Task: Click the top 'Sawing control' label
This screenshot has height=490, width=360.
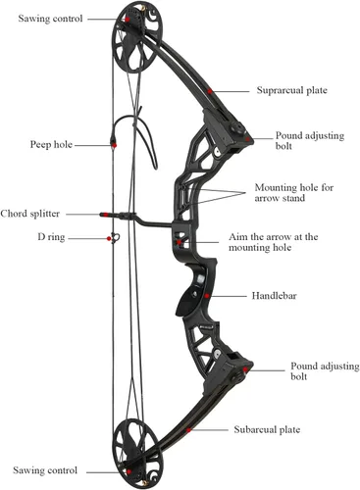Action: tap(50, 19)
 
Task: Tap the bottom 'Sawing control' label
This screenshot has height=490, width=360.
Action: tap(45, 470)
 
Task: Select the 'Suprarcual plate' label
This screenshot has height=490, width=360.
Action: tap(291, 90)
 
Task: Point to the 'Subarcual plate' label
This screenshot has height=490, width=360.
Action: tap(267, 429)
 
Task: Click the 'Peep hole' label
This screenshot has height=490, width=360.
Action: tap(51, 144)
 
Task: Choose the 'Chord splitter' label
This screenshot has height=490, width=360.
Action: tap(30, 214)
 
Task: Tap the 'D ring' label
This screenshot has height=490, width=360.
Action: tap(51, 237)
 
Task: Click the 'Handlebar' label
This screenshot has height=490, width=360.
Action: tap(274, 296)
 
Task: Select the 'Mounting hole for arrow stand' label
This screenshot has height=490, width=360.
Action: tap(294, 193)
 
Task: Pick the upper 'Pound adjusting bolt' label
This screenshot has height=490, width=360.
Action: tap(310, 140)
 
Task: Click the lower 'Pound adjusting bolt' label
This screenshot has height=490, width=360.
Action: tap(325, 371)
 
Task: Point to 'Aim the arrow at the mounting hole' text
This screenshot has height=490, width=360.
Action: tap(273, 242)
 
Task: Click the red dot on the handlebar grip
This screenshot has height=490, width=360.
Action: tap(207, 296)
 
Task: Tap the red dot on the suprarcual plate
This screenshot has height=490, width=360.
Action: tap(210, 91)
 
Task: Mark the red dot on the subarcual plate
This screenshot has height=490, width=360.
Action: tap(188, 430)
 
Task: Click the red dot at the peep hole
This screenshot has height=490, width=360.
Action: tap(114, 145)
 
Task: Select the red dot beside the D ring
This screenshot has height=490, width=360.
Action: tap(109, 239)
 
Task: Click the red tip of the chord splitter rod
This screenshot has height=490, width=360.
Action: tap(104, 215)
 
